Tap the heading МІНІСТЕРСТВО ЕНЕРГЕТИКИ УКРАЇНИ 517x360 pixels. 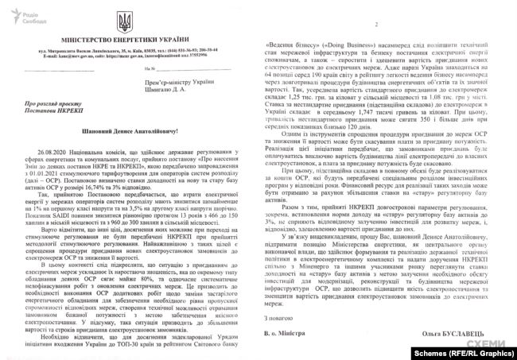point(129,40)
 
